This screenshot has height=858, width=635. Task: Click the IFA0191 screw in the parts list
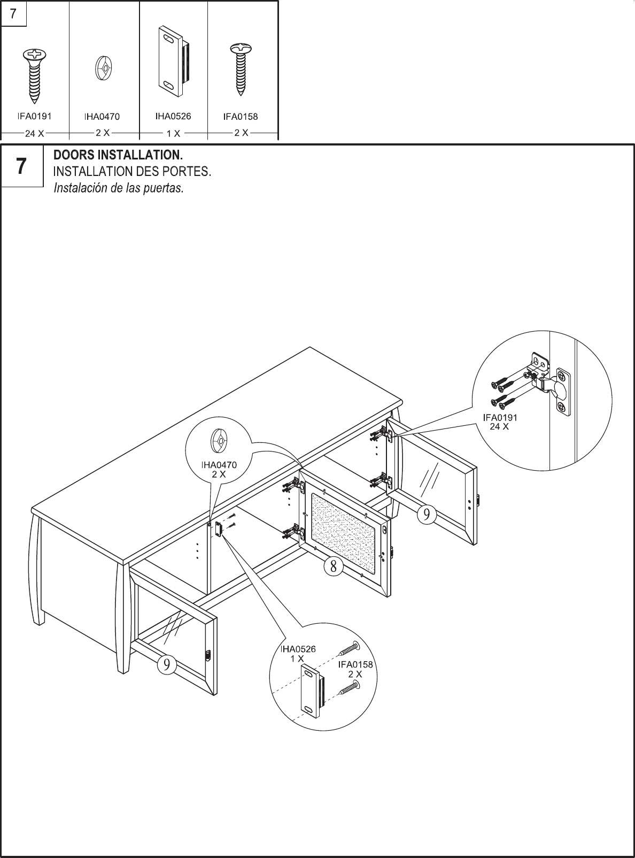[x=34, y=75]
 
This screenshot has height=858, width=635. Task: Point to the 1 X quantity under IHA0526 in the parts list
[x=173, y=133]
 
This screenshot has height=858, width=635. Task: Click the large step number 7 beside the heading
[x=21, y=167]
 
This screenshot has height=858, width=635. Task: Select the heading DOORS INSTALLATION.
[x=118, y=156]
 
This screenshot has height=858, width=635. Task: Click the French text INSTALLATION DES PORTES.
[x=132, y=172]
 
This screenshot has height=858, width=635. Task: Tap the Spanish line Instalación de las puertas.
[x=119, y=189]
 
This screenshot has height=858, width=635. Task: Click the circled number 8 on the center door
[x=333, y=566]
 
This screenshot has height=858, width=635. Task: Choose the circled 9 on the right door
[x=426, y=515]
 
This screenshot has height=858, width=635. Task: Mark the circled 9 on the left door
[x=167, y=664]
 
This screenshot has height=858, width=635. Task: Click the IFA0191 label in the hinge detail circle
[x=500, y=418]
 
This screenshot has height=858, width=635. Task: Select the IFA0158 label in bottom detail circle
[x=355, y=665]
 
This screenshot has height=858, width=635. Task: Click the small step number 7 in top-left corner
[x=13, y=14]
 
